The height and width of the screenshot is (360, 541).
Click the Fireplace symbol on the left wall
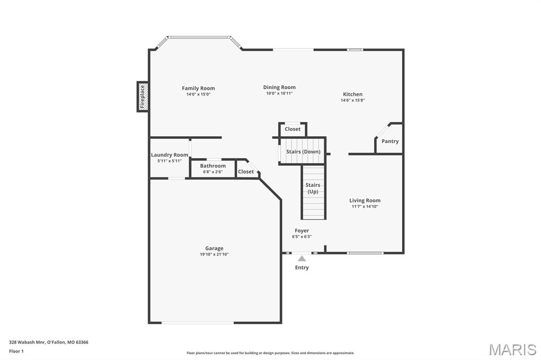tap(142, 97)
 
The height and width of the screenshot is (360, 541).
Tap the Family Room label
tap(198, 88)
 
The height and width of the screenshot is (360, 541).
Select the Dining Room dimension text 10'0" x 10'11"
tap(279, 93)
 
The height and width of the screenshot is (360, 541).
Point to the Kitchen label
tap(352, 94)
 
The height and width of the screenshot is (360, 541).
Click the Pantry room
tap(390, 141)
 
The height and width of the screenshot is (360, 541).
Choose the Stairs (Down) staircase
tap(303, 151)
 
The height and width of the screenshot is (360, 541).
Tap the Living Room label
tap(365, 201)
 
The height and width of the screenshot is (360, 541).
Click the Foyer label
tap(302, 231)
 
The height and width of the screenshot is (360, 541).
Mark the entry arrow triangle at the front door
tap(302, 259)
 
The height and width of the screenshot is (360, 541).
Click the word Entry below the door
tap(302, 268)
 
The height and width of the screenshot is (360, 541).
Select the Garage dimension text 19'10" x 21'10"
tap(214, 254)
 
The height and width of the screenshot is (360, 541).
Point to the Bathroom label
tap(212, 166)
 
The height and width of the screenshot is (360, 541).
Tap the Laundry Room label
tap(169, 155)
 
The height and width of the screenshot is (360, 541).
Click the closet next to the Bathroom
tap(246, 172)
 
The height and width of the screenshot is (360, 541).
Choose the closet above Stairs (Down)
tap(292, 129)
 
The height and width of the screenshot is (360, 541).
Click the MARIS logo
tap(512, 349)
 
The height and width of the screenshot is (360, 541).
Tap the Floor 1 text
tap(16, 351)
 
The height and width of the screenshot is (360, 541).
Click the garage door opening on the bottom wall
tap(198, 323)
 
